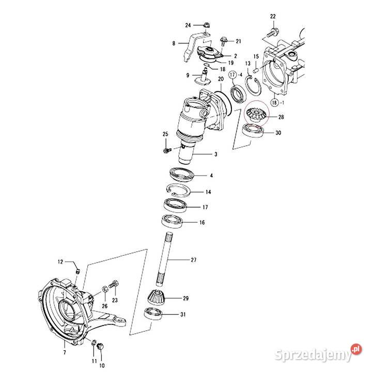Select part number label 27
tap(194, 260)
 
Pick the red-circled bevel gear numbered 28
tap(255, 115)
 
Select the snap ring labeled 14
tap(179, 191)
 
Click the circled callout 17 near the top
tap(233, 75)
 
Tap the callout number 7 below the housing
tap(65, 352)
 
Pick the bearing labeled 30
tap(255, 131)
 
